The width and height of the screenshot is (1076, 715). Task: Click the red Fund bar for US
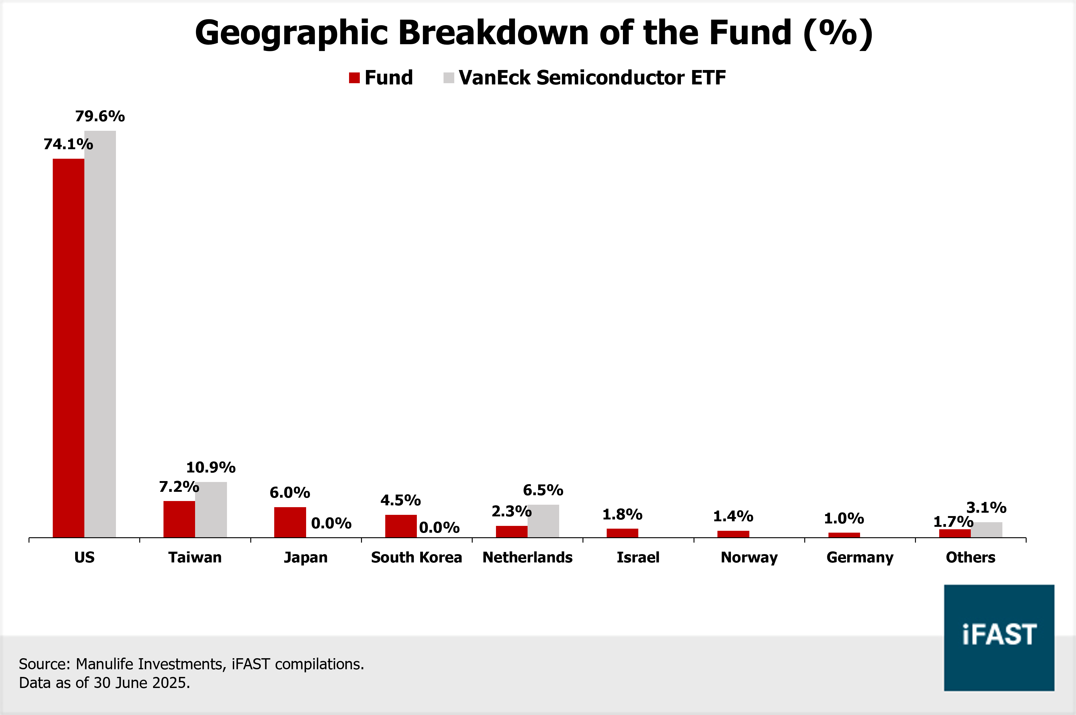[x=68, y=348]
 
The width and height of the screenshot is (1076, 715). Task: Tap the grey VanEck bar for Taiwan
[x=211, y=509]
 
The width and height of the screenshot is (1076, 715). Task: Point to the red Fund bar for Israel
[x=622, y=533]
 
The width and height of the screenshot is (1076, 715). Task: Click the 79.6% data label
[x=100, y=116]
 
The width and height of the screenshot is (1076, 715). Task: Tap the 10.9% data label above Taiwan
[x=211, y=467]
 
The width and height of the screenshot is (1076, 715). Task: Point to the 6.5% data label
[x=543, y=490]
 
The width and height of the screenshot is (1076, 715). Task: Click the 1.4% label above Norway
[x=733, y=516]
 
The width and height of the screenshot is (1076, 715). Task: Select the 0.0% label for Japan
[x=331, y=523]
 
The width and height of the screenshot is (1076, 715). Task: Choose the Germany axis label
[x=860, y=557]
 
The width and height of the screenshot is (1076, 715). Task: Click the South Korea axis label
[x=416, y=557]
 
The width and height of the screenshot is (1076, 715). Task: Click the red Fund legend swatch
[x=354, y=78]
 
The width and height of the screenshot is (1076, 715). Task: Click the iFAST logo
[x=999, y=637]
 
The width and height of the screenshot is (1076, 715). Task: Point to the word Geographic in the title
[x=292, y=33]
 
